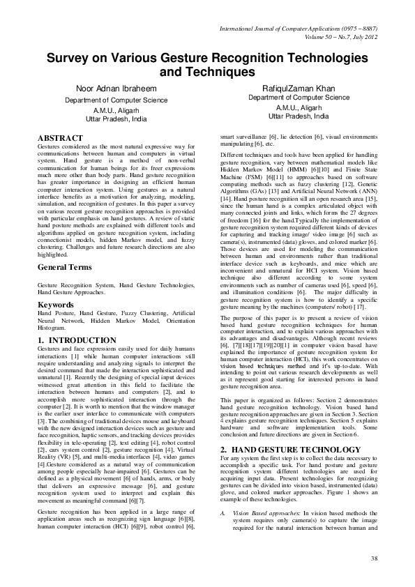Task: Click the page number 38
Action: pos(374,558)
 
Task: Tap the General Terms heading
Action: pos(67,267)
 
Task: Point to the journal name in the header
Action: pos(297,29)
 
